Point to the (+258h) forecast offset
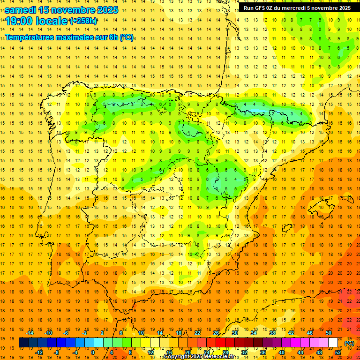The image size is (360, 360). (83, 21)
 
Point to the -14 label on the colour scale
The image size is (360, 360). (30, 333)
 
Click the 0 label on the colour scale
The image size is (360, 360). (93, 352)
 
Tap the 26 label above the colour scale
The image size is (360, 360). (216, 333)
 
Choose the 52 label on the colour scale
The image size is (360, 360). (338, 352)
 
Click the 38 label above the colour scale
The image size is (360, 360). (272, 333)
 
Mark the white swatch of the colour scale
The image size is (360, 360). (333, 343)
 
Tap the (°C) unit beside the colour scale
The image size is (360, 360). (349, 343)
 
